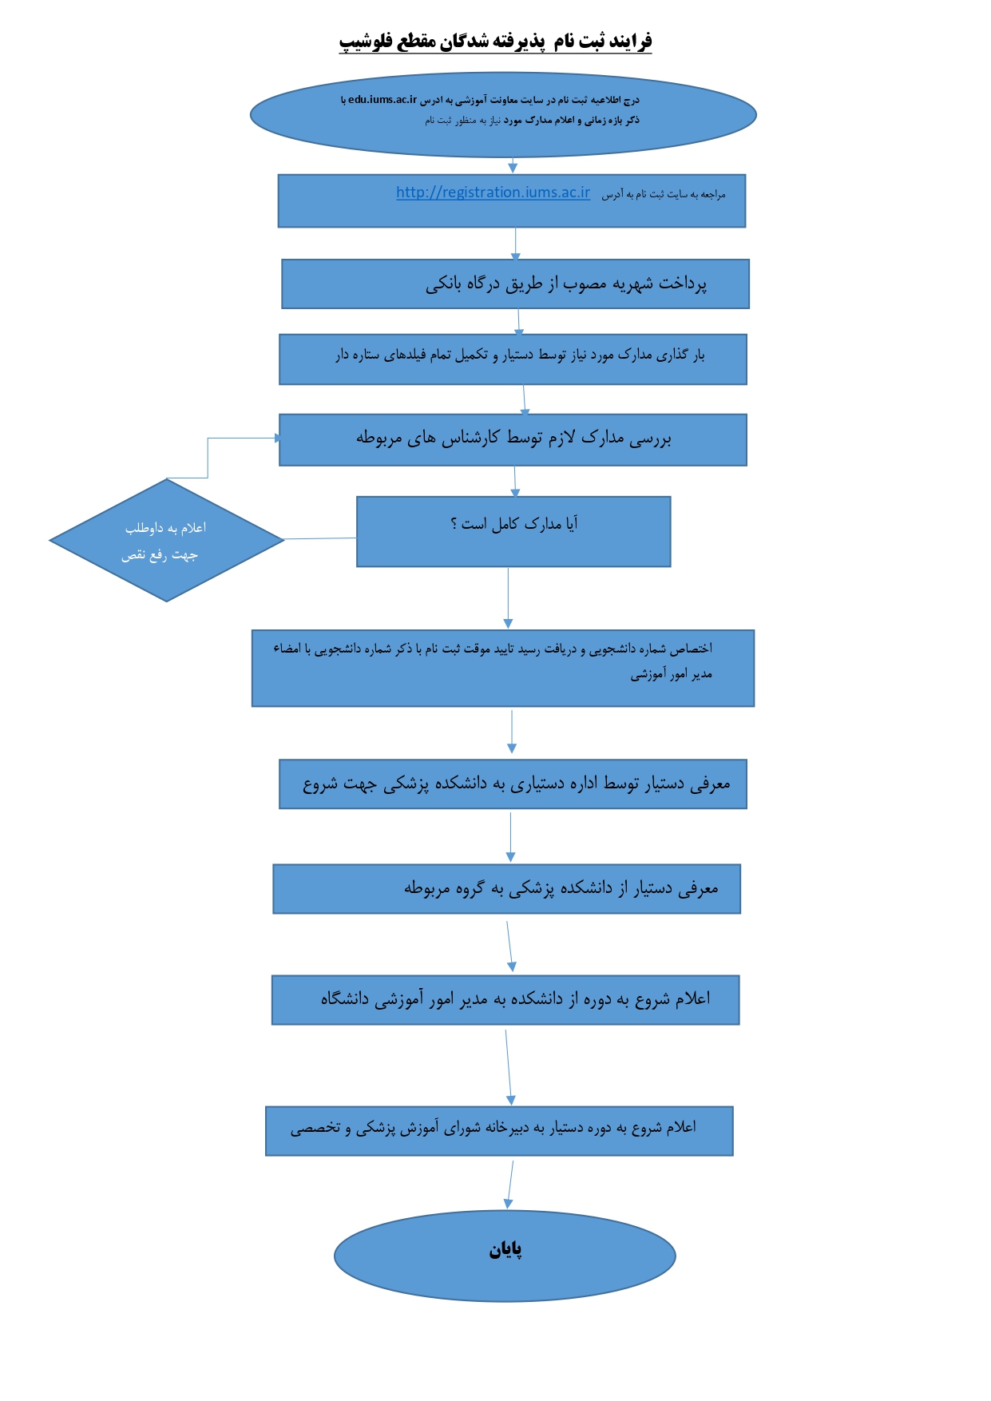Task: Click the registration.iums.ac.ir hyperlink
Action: [493, 192]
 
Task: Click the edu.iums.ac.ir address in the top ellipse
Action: [383, 100]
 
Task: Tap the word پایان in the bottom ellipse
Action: [505, 1250]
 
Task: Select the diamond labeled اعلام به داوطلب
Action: [167, 540]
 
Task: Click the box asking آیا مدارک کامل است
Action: [513, 532]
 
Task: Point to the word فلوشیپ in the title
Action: [366, 41]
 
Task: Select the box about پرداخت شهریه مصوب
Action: [515, 284]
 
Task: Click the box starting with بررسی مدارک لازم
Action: [513, 440]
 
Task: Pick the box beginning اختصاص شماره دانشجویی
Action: [503, 669]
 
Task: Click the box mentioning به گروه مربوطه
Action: [506, 889]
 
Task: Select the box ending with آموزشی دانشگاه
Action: [505, 1000]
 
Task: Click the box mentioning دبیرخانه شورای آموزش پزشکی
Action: [499, 1131]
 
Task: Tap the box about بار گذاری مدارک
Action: [513, 359]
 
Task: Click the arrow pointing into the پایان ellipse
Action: [510, 1185]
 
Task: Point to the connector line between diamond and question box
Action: [320, 538]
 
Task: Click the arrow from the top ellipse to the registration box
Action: [513, 165]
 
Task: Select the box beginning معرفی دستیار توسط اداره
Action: [513, 784]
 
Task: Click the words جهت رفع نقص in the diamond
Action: [160, 555]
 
